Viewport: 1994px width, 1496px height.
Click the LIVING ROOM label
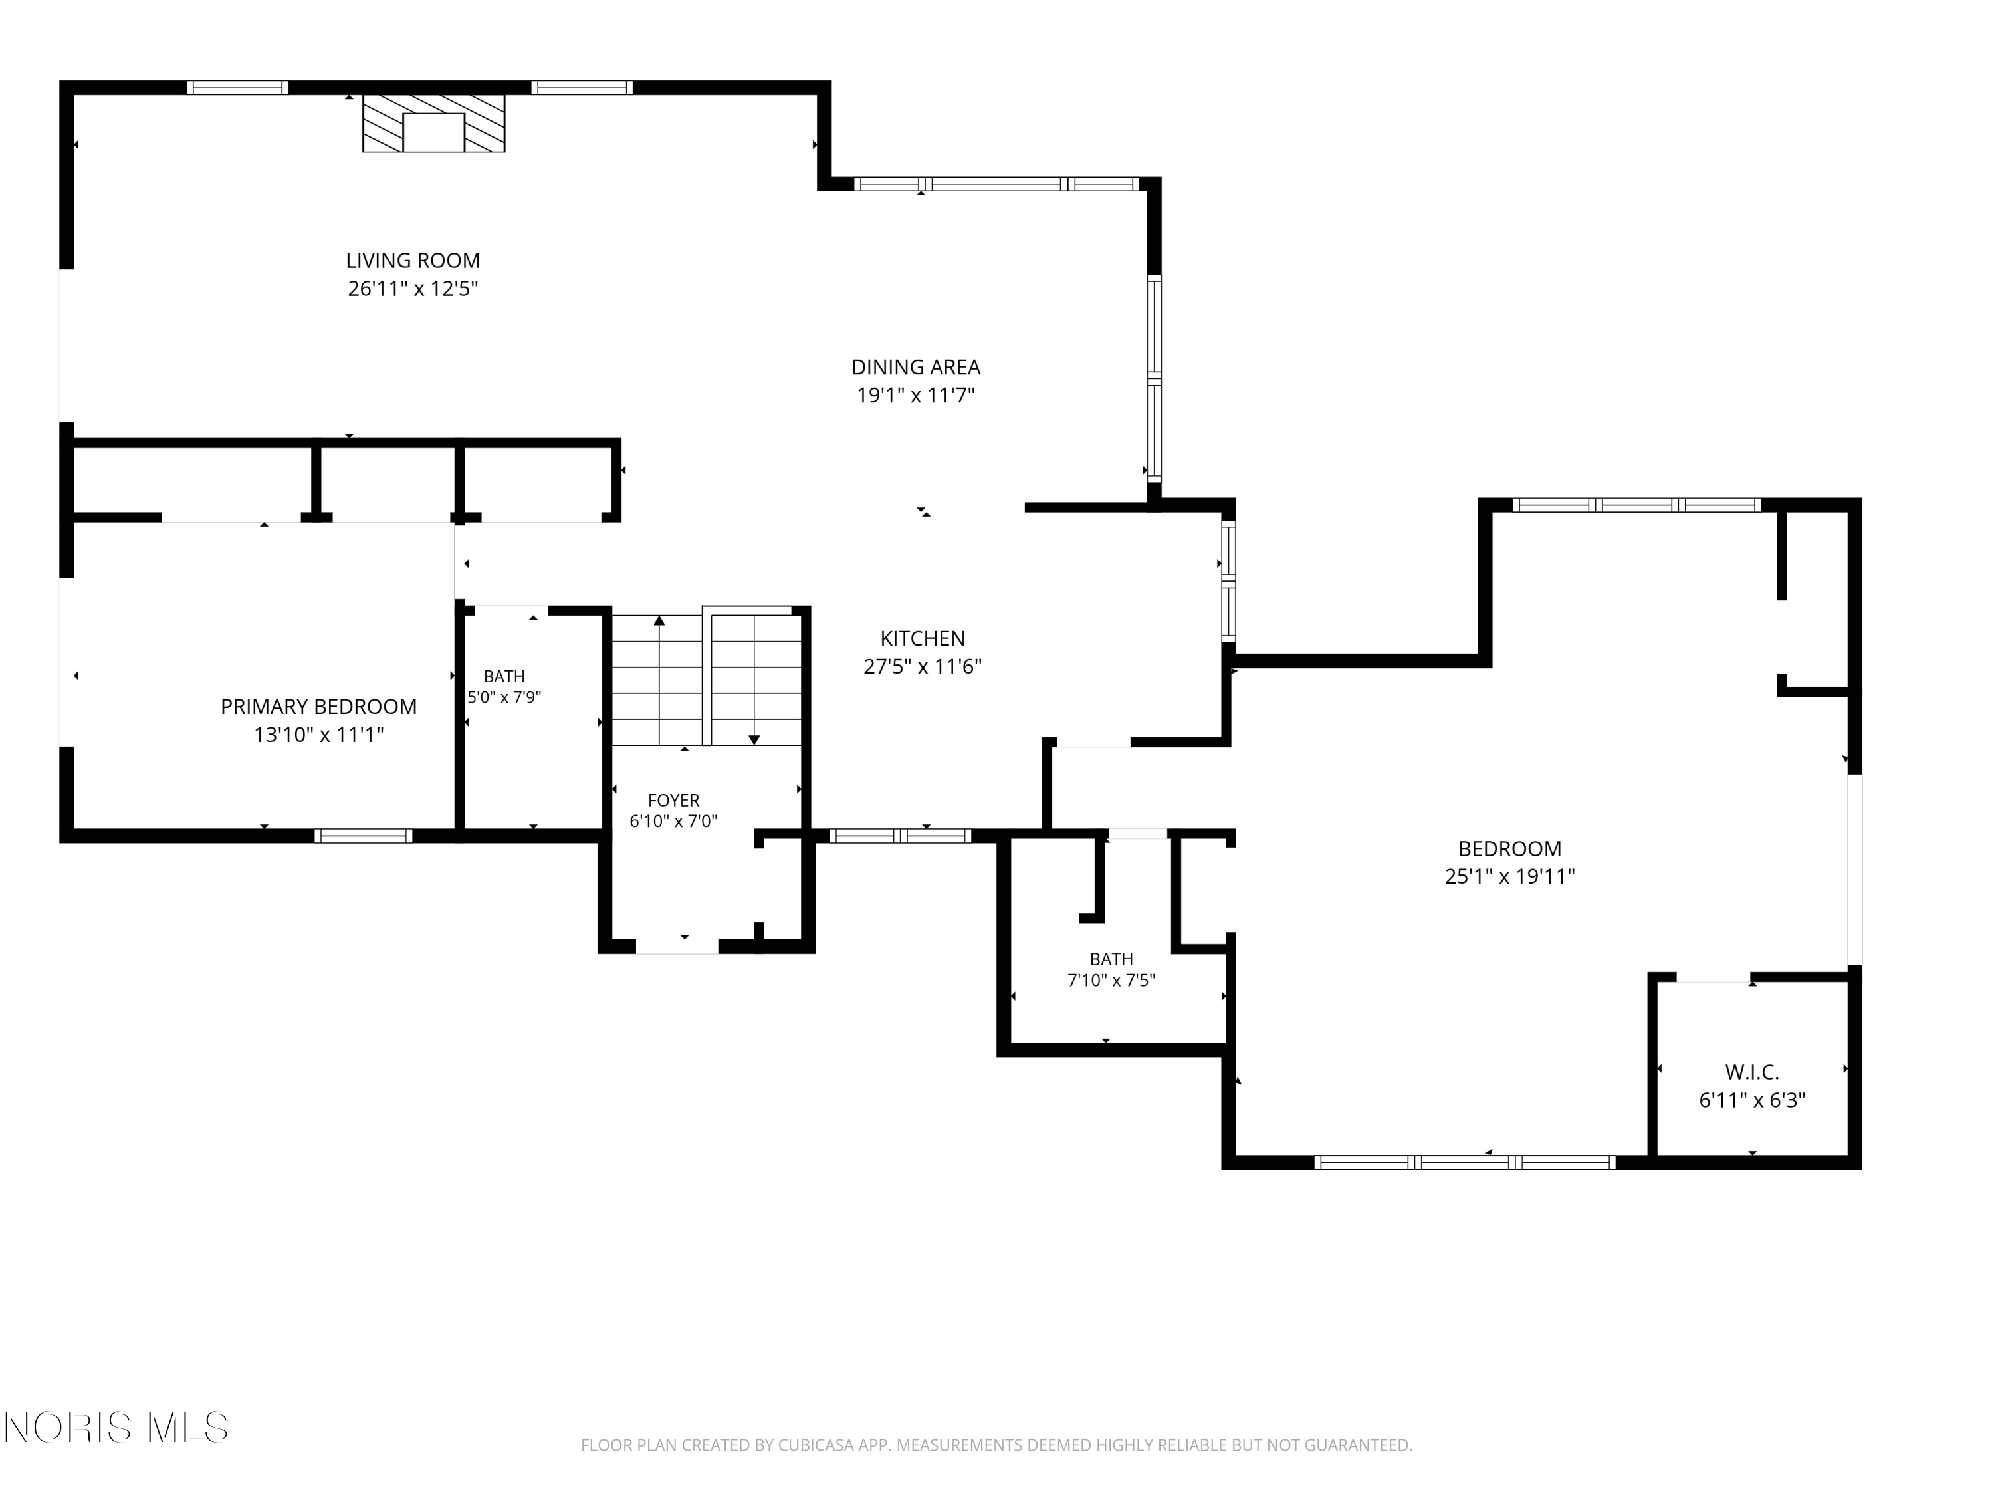pyautogui.click(x=413, y=261)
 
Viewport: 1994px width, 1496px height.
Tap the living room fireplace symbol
pyautogui.click(x=433, y=122)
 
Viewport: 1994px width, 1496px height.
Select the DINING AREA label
pyautogui.click(x=916, y=367)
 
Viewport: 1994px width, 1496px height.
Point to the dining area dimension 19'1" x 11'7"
pyautogui.click(x=916, y=395)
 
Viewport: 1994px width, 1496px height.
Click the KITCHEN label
pyautogui.click(x=922, y=638)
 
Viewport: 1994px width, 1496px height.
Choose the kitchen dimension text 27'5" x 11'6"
pyautogui.click(x=922, y=666)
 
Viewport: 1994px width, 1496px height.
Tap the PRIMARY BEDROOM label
pyautogui.click(x=319, y=707)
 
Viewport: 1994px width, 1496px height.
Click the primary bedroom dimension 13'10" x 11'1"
pyautogui.click(x=319, y=735)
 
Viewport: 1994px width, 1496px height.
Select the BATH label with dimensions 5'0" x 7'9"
pyautogui.click(x=504, y=676)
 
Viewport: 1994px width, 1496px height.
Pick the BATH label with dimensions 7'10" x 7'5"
pyautogui.click(x=1111, y=959)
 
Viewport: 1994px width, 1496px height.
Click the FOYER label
pyautogui.click(x=673, y=801)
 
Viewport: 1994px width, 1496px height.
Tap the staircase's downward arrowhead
pyautogui.click(x=754, y=740)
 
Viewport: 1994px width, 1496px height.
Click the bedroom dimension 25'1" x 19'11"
pyautogui.click(x=1510, y=876)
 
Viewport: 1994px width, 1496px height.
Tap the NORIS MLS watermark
pyautogui.click(x=116, y=1428)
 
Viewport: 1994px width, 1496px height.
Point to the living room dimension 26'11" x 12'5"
pyautogui.click(x=413, y=289)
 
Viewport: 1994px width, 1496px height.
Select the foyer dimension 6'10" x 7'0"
pyautogui.click(x=673, y=822)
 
